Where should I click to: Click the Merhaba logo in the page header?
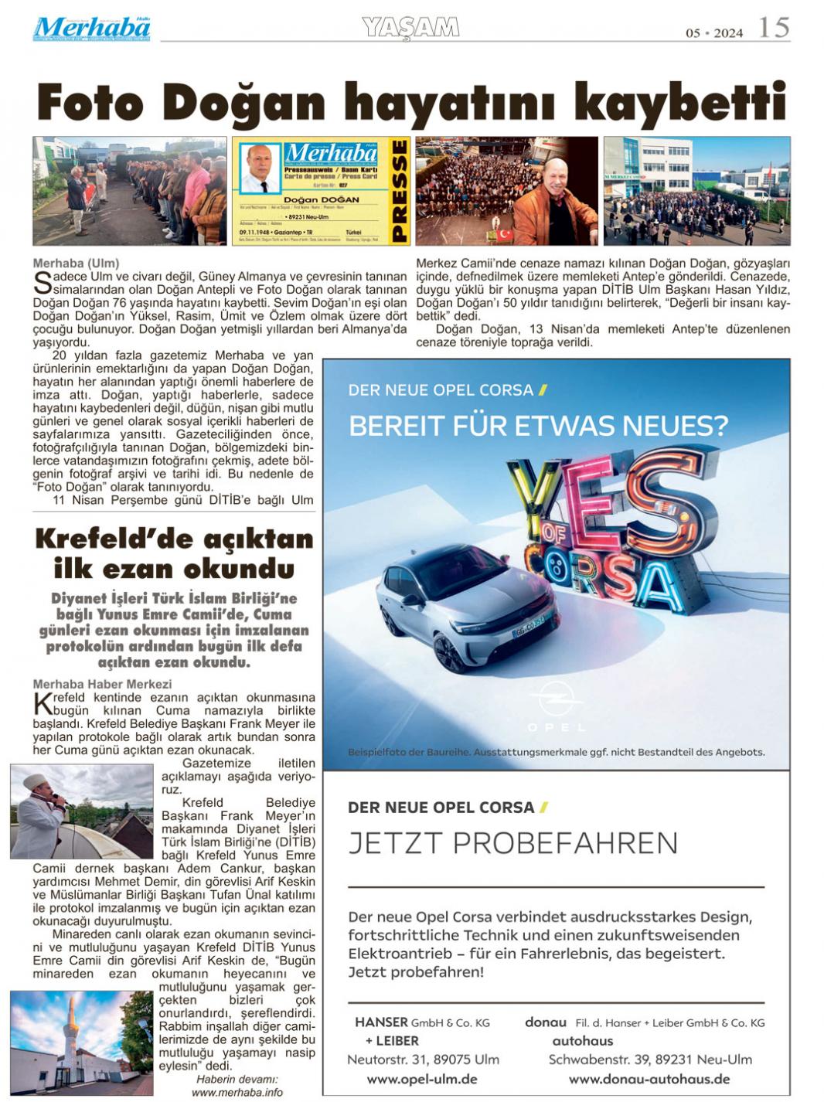click(91, 29)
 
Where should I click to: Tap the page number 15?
click(773, 28)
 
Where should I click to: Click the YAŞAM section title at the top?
click(410, 28)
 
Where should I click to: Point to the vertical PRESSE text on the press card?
click(399, 191)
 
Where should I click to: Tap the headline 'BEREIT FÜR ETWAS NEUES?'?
click(538, 425)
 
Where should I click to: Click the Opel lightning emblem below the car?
click(556, 699)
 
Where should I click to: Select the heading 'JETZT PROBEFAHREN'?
click(512, 842)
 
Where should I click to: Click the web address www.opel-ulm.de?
click(421, 1079)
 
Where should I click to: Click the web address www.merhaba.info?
click(237, 1092)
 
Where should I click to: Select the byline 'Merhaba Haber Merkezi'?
click(91, 684)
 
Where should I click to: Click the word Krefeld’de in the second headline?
click(104, 539)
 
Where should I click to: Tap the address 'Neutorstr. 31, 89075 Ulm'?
click(423, 1059)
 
